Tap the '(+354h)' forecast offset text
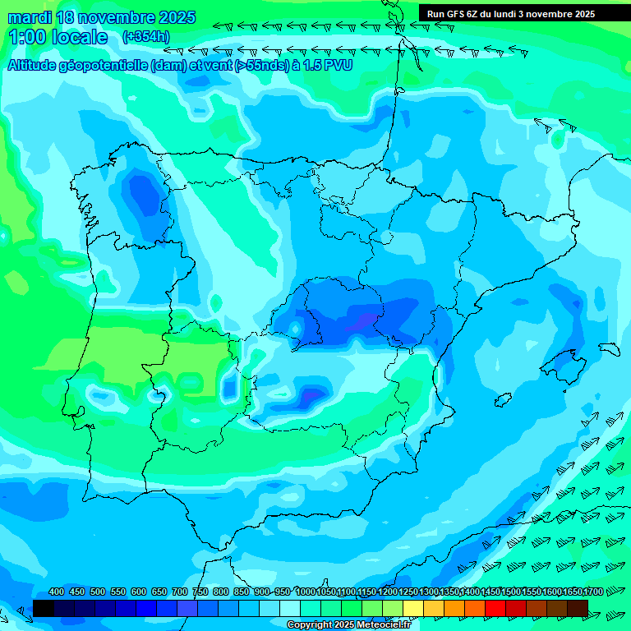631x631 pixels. (146, 36)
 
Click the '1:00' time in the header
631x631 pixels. (26, 37)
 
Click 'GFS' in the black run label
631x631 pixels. (454, 13)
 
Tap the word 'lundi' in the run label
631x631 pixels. (500, 13)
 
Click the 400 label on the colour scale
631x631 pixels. (57, 592)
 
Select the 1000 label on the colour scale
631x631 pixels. (306, 592)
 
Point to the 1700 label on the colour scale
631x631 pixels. (573, 592)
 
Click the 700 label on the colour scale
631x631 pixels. (180, 592)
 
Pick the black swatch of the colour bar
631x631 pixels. (44, 608)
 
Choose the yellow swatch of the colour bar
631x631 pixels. (413, 608)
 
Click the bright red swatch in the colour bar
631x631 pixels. (495, 608)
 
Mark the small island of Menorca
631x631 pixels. (608, 349)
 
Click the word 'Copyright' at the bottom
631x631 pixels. (310, 625)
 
